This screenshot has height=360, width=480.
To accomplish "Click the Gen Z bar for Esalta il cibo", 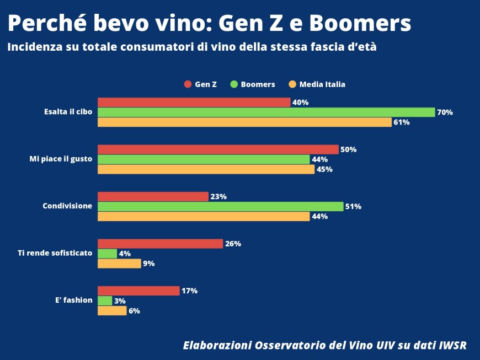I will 194,102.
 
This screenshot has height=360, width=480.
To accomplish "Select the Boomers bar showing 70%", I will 266,112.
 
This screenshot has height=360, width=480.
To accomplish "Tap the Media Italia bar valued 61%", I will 244,122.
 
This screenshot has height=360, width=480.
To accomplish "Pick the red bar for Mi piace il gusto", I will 218,149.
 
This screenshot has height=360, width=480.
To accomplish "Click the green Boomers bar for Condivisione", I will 220,206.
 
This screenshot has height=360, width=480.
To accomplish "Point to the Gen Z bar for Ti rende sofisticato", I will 160,244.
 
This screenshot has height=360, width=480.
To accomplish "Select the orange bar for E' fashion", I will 112,310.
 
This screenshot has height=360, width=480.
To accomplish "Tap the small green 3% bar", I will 105,300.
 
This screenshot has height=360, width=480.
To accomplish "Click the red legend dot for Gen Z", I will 188,84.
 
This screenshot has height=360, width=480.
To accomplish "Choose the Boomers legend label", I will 258,84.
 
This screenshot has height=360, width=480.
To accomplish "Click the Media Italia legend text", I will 322,84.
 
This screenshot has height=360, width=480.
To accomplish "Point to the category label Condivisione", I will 67,206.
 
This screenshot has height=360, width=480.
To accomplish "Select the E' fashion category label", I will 74,300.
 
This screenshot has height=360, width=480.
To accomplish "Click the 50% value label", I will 349,149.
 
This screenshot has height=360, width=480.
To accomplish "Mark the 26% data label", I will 233,244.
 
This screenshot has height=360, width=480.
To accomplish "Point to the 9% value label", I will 148,264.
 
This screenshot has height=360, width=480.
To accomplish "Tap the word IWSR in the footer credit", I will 452,346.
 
